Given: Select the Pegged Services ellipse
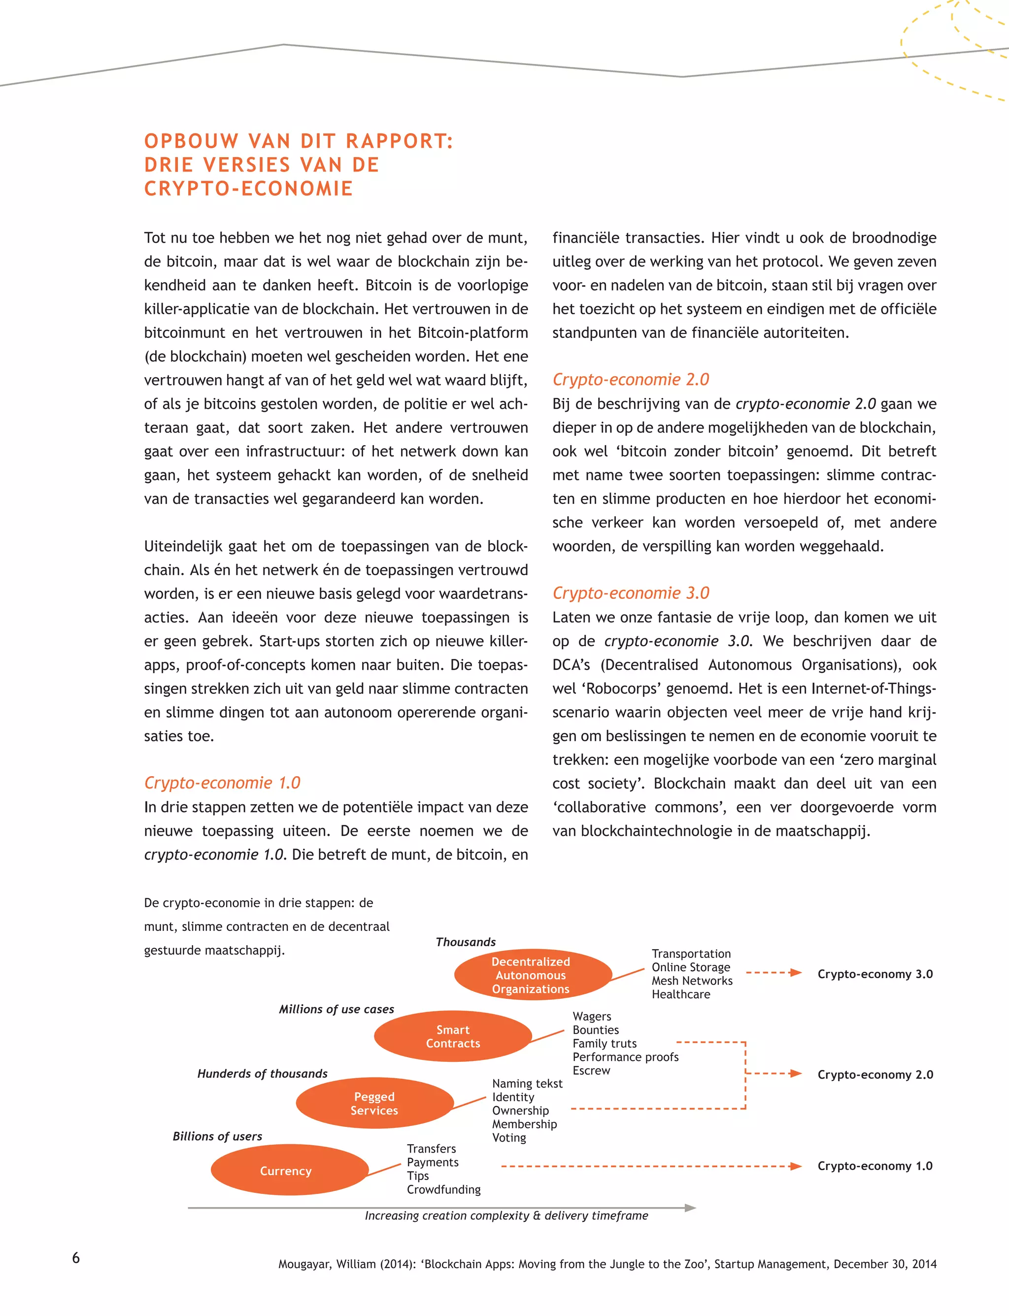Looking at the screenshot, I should click(374, 1103).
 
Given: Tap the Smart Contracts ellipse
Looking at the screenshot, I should click(453, 1036).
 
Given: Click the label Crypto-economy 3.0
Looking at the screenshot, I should click(874, 974).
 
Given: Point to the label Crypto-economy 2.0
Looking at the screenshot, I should click(874, 1074).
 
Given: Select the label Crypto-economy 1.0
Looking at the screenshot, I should click(874, 1165).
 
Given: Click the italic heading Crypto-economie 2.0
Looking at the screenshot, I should click(631, 379).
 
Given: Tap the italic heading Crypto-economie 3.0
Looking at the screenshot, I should click(631, 592).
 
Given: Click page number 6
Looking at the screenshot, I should click(76, 1257).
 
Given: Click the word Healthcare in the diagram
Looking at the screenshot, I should click(680, 994).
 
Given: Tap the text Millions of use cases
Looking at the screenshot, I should click(336, 1009).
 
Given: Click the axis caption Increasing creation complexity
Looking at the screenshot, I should click(506, 1215).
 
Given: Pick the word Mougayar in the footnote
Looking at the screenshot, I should click(304, 1264).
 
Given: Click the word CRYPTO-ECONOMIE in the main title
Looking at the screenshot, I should click(248, 189).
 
